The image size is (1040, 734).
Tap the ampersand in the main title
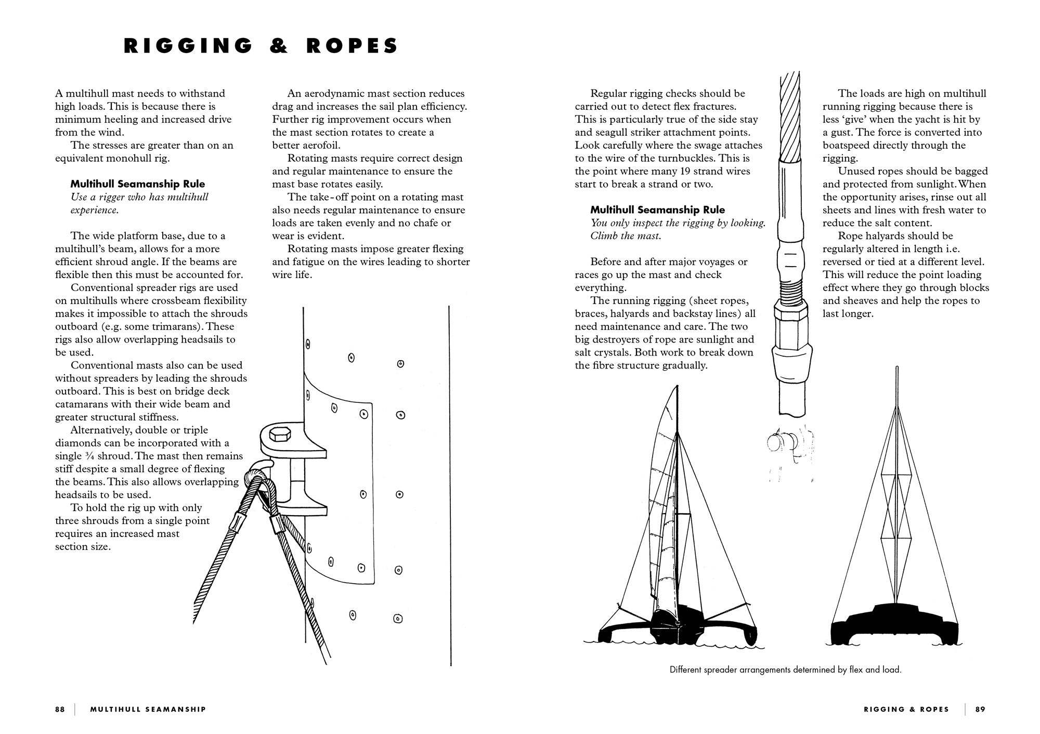point(279,46)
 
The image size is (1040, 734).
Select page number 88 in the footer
point(60,709)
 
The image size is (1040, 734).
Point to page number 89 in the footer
point(980,709)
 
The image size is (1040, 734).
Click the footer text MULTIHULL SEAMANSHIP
point(148,709)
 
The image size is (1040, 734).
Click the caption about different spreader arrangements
point(785,670)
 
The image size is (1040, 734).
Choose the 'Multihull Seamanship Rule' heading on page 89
point(657,210)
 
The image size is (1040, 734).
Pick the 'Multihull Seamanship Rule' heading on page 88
point(137,184)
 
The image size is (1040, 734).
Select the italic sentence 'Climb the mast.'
point(626,236)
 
